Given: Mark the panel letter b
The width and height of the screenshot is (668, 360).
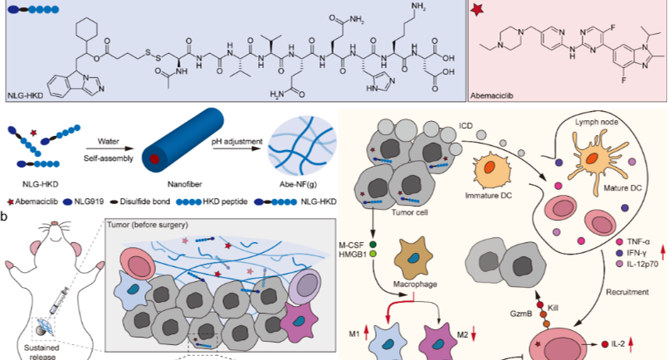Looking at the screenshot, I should pyautogui.click(x=6, y=217).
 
